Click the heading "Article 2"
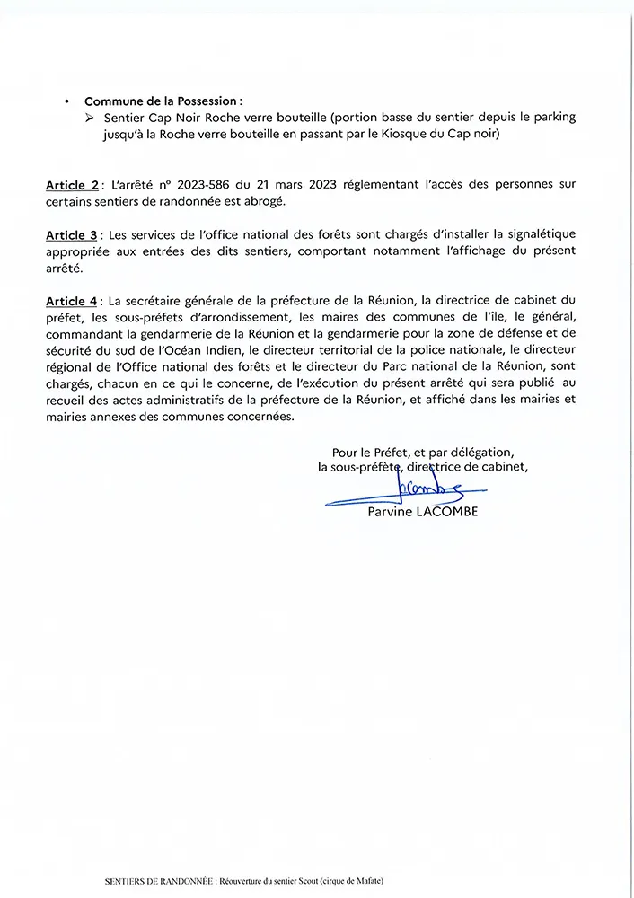click(x=73, y=184)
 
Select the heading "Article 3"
click(x=73, y=235)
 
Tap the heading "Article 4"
click(x=73, y=300)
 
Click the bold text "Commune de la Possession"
click(x=163, y=101)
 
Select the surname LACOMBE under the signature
click(x=450, y=513)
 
